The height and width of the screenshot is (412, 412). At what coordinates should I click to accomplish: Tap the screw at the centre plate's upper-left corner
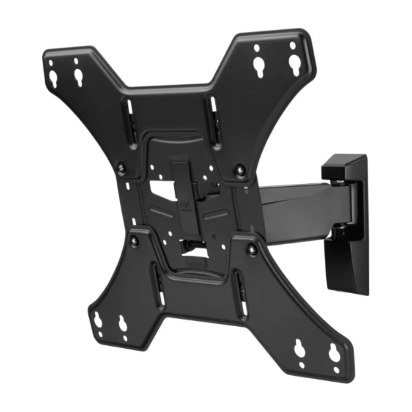pos(121,167)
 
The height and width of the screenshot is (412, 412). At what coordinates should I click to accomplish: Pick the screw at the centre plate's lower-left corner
pos(134,241)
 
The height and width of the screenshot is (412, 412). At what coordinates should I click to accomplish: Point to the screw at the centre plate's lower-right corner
pos(252,248)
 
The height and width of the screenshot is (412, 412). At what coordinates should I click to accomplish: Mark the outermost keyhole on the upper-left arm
pos(53,77)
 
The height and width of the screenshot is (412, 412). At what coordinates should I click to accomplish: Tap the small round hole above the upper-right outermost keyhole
pos(293,45)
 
